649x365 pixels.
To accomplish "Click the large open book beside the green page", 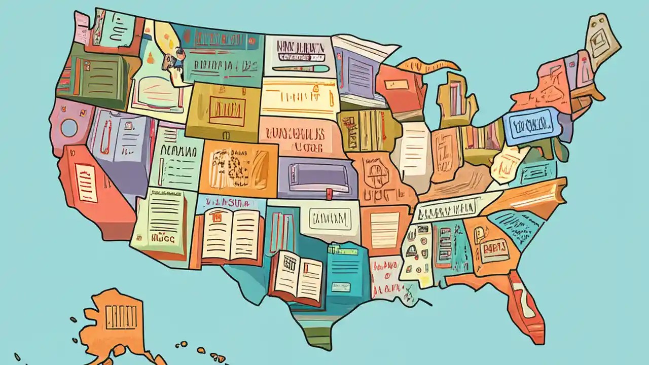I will click(230, 234).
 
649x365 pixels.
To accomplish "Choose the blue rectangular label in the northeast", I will click(532, 125).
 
